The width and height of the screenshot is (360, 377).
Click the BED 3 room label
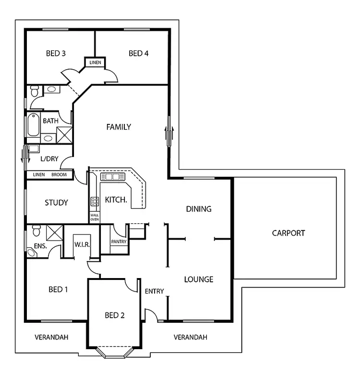pyautogui.click(x=56, y=53)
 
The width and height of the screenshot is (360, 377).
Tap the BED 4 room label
pyautogui.click(x=138, y=53)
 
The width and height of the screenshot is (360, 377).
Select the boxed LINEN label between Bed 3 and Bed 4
pyautogui.click(x=95, y=62)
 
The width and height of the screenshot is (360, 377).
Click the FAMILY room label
pyautogui.click(x=119, y=127)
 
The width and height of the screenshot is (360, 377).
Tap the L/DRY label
pyautogui.click(x=49, y=158)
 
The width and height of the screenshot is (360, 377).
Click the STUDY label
pyautogui.click(x=56, y=203)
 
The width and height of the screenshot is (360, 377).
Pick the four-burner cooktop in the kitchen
pyautogui.click(x=95, y=202)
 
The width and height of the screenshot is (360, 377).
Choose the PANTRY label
pyautogui.click(x=119, y=242)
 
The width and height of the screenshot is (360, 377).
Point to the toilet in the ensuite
pyautogui.click(x=35, y=231)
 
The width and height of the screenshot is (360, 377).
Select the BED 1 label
pyautogui.click(x=58, y=289)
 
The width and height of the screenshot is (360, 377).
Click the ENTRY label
pyautogui.click(x=154, y=291)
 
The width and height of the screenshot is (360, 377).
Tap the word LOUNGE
pyautogui.click(x=199, y=279)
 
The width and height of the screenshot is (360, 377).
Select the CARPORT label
pyautogui.click(x=288, y=233)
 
